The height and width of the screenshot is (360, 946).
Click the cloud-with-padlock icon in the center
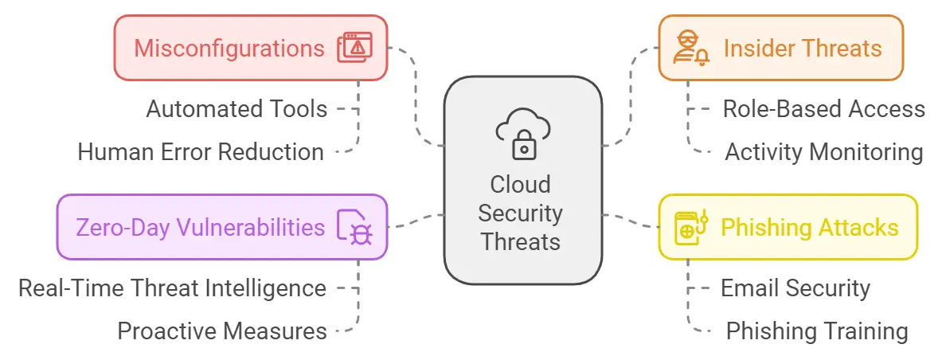522,134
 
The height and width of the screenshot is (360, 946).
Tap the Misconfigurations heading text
229,48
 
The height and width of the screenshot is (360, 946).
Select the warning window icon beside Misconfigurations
356,48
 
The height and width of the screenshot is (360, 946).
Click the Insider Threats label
802,48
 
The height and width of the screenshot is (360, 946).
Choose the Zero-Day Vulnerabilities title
200,228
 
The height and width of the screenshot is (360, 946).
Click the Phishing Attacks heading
809,228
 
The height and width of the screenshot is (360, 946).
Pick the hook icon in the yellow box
690,228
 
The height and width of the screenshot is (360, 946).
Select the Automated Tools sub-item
236,109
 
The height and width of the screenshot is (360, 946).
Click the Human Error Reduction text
201,152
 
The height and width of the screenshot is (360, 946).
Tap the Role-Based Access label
823,109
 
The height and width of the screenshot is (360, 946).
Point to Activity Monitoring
823,152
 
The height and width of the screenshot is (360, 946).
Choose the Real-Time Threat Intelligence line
172,288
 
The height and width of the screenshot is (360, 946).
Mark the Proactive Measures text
222,331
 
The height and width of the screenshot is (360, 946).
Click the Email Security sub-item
795,288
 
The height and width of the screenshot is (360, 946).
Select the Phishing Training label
816,331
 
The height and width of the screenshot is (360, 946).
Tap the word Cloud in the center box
520,185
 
